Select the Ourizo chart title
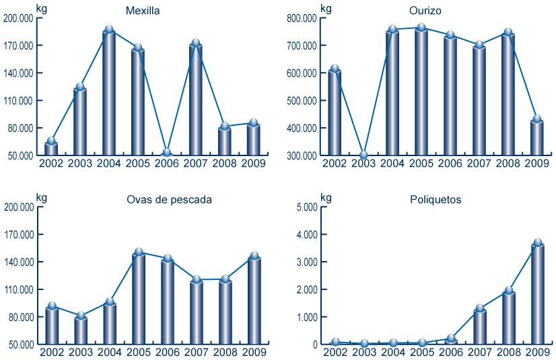click(x=425, y=11)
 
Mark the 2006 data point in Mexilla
click(x=167, y=153)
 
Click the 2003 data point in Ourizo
click(x=363, y=155)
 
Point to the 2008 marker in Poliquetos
click(x=508, y=291)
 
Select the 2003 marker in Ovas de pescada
click(x=80, y=316)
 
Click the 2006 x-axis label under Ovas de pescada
click(x=167, y=352)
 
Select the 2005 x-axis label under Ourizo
click(x=421, y=163)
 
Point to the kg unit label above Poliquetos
click(x=326, y=197)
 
